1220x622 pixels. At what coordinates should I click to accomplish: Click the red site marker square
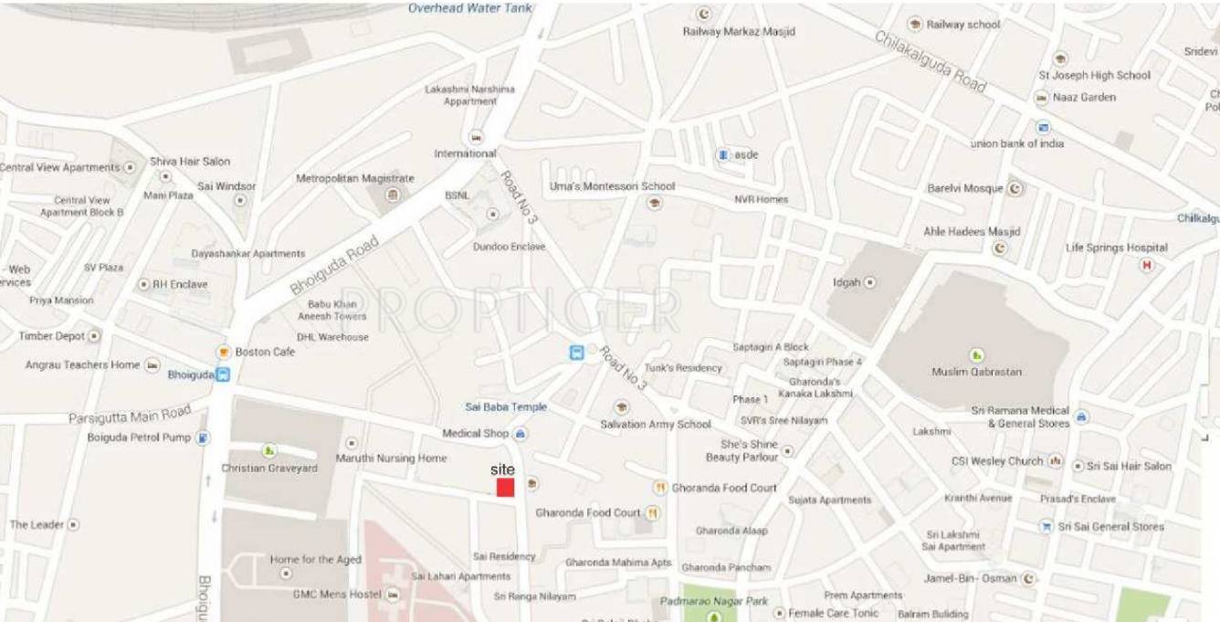(x=505, y=488)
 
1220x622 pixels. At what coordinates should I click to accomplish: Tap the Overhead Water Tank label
(x=469, y=8)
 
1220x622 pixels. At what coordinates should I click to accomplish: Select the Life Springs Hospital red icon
(x=1148, y=265)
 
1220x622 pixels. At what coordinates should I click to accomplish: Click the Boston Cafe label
(x=265, y=352)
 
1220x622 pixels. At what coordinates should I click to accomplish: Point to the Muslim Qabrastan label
(x=976, y=372)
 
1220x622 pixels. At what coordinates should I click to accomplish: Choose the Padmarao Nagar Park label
(x=714, y=601)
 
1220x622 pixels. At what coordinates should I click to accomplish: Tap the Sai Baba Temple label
(x=506, y=407)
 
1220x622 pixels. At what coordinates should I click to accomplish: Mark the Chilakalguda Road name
(x=931, y=61)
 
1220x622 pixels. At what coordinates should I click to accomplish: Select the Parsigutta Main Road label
(x=130, y=416)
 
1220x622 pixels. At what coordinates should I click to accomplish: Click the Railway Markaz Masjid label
(x=739, y=32)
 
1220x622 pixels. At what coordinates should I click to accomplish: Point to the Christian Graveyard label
(x=269, y=469)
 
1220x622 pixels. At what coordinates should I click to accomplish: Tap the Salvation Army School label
(x=655, y=425)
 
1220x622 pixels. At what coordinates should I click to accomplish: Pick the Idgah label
(x=847, y=283)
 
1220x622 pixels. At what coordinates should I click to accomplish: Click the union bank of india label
(x=1016, y=143)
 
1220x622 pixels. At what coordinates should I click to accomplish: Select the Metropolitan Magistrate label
(x=354, y=178)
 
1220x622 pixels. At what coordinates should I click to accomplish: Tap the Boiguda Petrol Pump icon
(x=203, y=438)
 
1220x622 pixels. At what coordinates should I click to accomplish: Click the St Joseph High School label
(x=1094, y=76)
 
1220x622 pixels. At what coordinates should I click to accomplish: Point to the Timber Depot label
(x=52, y=336)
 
